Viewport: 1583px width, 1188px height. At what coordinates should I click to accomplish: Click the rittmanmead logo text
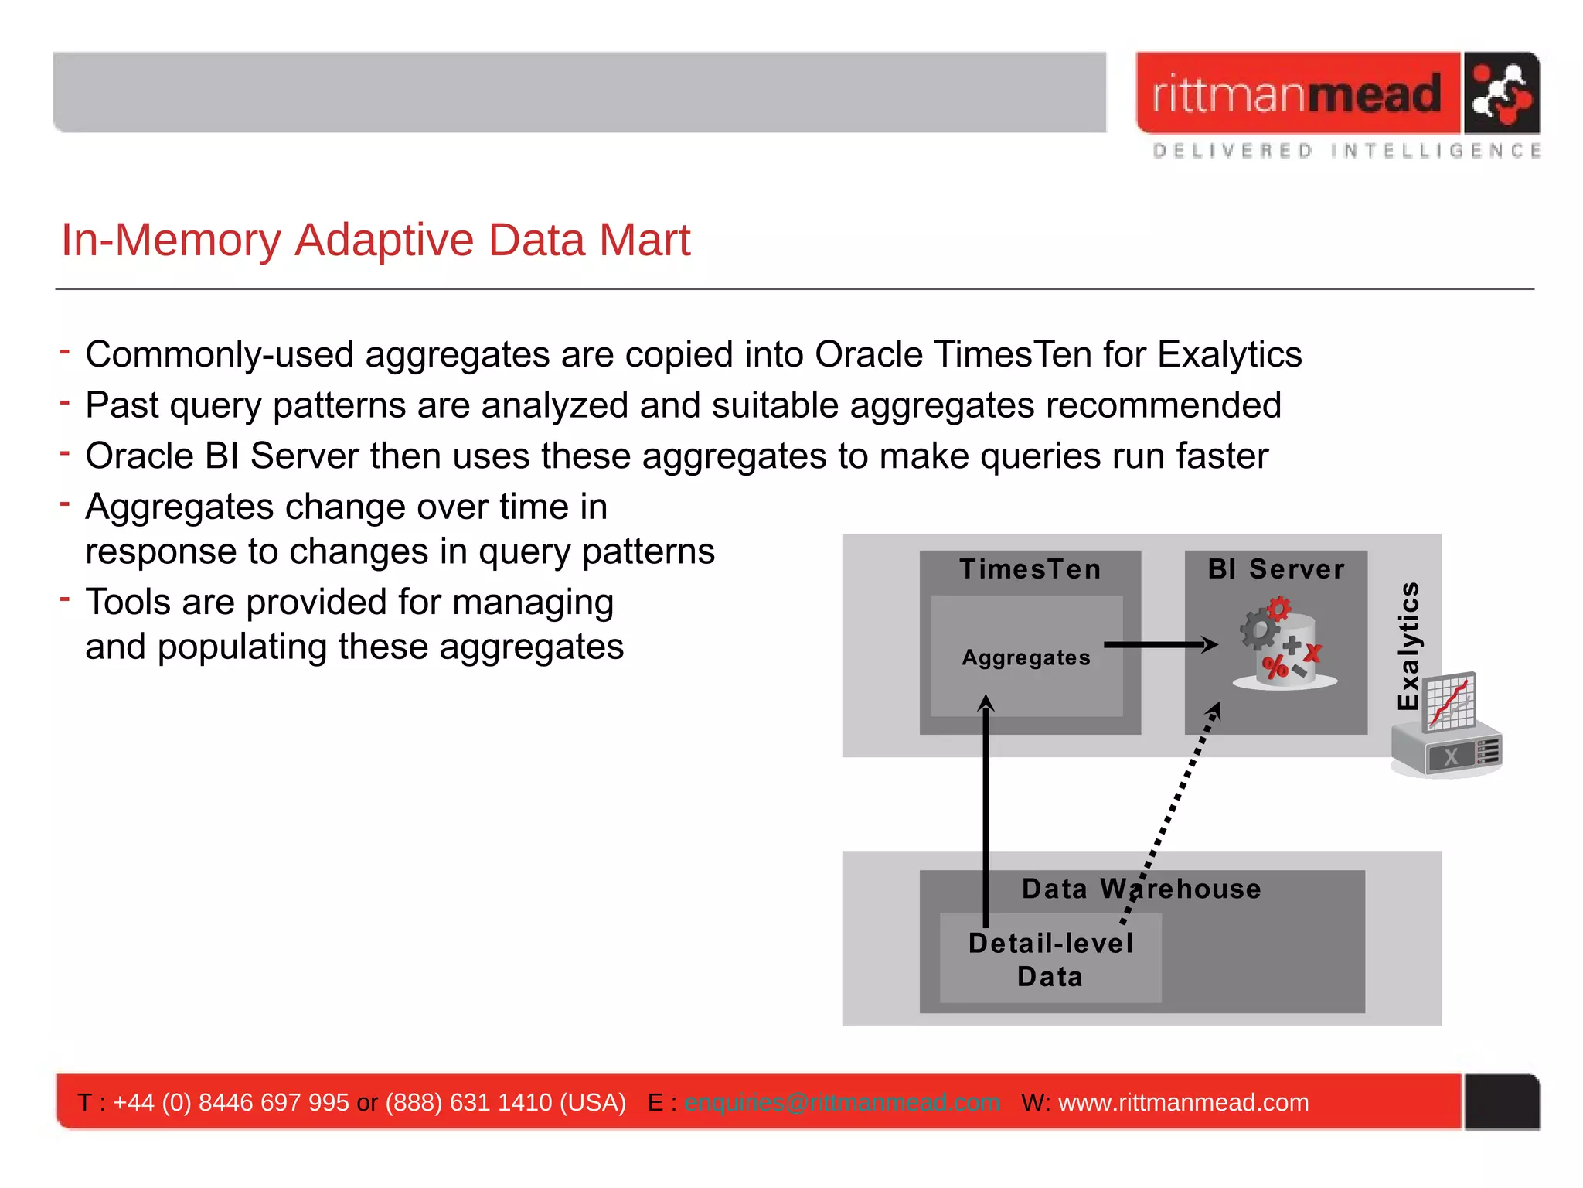pyautogui.click(x=1297, y=94)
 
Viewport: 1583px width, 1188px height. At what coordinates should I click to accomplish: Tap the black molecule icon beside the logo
pyautogui.click(x=1500, y=94)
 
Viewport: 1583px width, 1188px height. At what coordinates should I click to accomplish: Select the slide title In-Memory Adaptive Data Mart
pyautogui.click(x=376, y=240)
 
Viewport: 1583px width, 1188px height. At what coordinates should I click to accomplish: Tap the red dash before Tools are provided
pyautogui.click(x=66, y=598)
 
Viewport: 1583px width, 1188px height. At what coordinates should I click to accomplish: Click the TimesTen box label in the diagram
pyautogui.click(x=1030, y=569)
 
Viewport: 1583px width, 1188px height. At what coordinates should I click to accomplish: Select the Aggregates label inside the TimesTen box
pyautogui.click(x=1026, y=657)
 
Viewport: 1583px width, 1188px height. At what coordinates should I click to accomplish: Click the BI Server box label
pyautogui.click(x=1276, y=569)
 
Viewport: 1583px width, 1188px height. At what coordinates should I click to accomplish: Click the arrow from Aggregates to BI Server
pyautogui.click(x=1159, y=644)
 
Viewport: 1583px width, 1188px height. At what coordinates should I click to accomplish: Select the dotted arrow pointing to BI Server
pyautogui.click(x=1171, y=812)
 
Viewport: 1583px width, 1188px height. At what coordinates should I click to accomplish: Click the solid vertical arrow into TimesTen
pyautogui.click(x=986, y=812)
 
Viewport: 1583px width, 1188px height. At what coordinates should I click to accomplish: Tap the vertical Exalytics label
pyautogui.click(x=1408, y=646)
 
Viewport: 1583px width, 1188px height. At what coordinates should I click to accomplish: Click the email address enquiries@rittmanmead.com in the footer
pyautogui.click(x=842, y=1102)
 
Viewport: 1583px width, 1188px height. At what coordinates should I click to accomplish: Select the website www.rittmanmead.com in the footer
pyautogui.click(x=1183, y=1102)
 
